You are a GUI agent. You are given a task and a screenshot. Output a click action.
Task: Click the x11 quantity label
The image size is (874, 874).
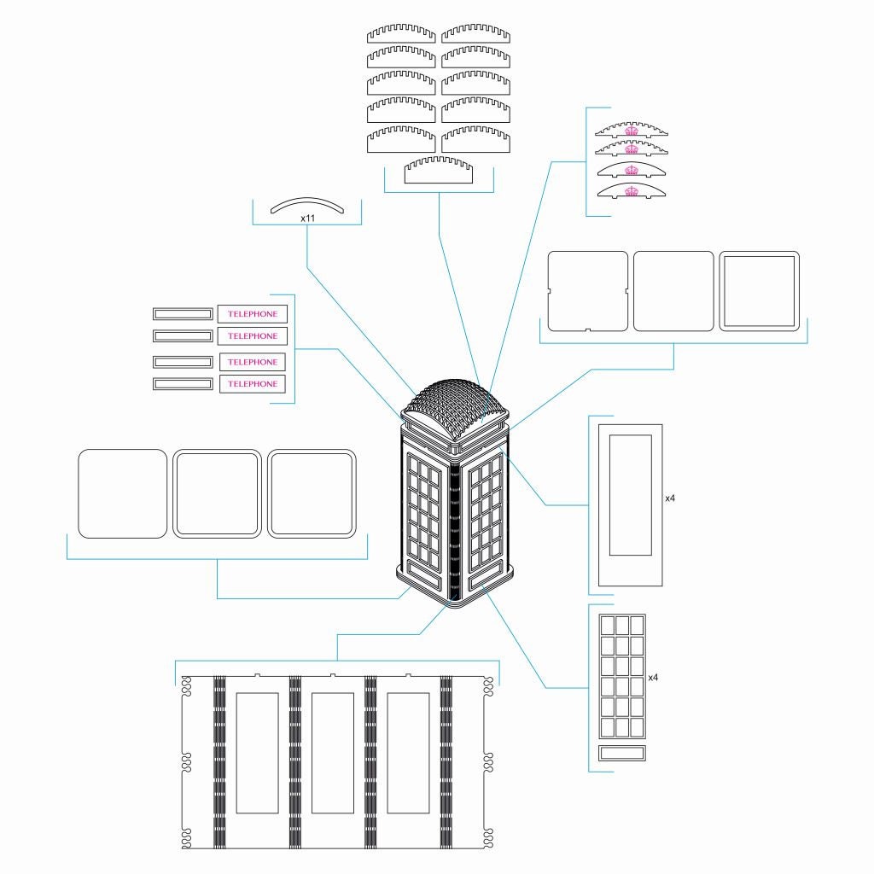(x=307, y=218)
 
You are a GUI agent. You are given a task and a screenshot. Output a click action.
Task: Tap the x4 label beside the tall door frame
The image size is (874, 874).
(x=670, y=498)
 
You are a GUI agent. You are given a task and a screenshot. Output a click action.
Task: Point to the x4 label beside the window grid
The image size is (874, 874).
(x=653, y=678)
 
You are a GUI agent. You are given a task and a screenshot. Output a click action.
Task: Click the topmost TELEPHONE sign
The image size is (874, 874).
(x=253, y=314)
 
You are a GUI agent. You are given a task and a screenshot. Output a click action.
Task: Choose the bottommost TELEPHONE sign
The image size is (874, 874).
(x=253, y=384)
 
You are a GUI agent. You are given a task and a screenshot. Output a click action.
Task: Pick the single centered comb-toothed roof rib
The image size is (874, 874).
(x=439, y=170)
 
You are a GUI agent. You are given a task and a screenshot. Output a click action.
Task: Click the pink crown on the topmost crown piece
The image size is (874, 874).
(x=632, y=131)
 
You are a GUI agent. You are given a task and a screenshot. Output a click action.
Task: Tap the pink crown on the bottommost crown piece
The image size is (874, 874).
(x=632, y=192)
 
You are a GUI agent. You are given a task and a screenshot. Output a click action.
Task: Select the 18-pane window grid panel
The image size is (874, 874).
(x=622, y=677)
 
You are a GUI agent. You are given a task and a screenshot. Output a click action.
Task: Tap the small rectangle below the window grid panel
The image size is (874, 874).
(x=622, y=753)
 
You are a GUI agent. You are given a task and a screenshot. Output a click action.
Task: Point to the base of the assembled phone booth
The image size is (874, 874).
(x=455, y=591)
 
